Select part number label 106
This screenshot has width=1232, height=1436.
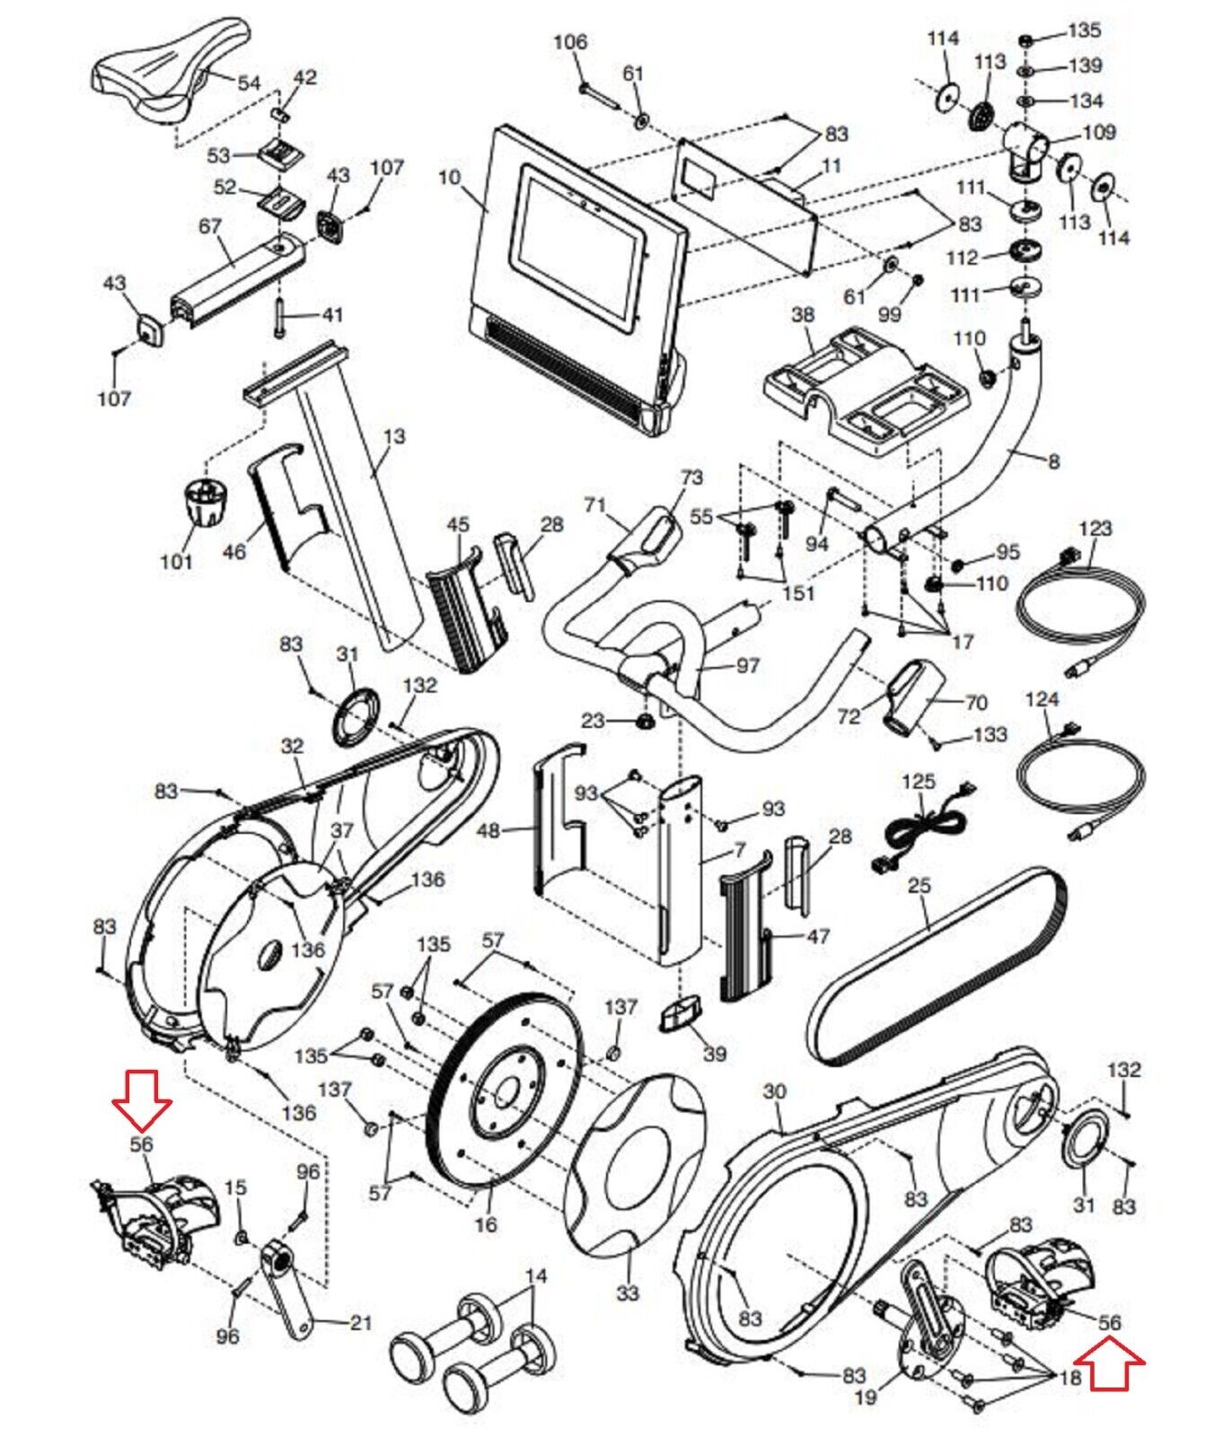click(569, 42)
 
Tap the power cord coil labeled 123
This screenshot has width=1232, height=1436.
click(1081, 610)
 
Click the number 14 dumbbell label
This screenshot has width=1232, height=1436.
click(535, 1275)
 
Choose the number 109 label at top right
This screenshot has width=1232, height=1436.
click(1099, 132)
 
